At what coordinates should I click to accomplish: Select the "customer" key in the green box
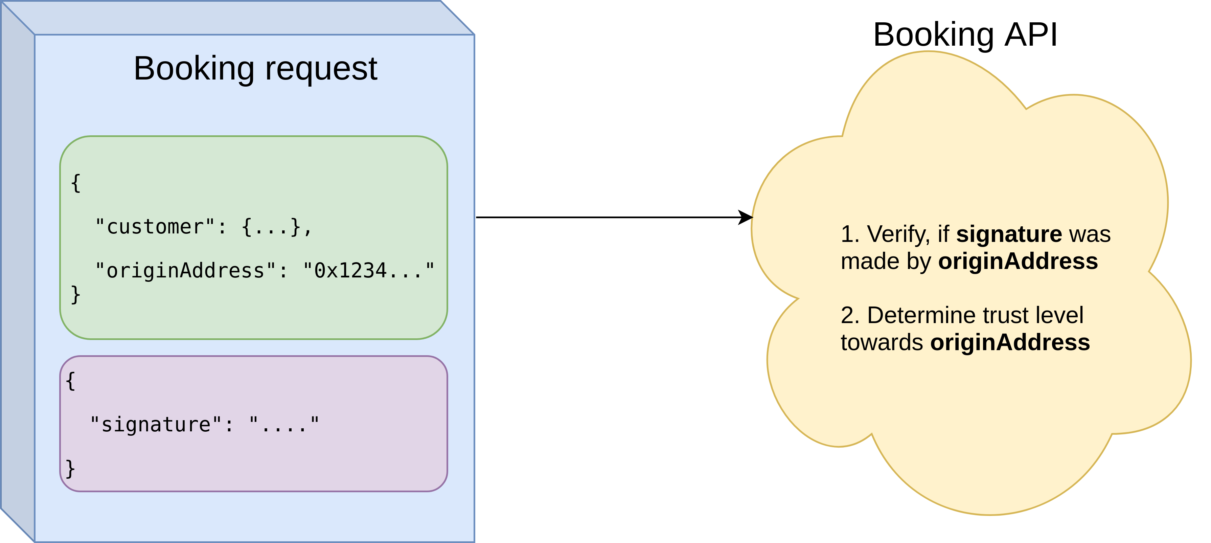coord(155,227)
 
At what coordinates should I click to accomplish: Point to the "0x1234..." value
coord(369,270)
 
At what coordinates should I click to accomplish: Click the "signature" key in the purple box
coord(156,425)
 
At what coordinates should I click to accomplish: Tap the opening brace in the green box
coord(76,183)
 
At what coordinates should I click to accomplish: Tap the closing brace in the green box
coord(76,295)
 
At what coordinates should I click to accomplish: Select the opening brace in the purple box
coord(70,381)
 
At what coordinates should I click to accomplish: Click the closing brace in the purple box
coord(70,469)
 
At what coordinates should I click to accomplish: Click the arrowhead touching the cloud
coord(746,217)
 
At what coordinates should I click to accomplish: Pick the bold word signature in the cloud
coord(1009,234)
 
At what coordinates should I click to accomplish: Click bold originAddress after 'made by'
coord(1018,262)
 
